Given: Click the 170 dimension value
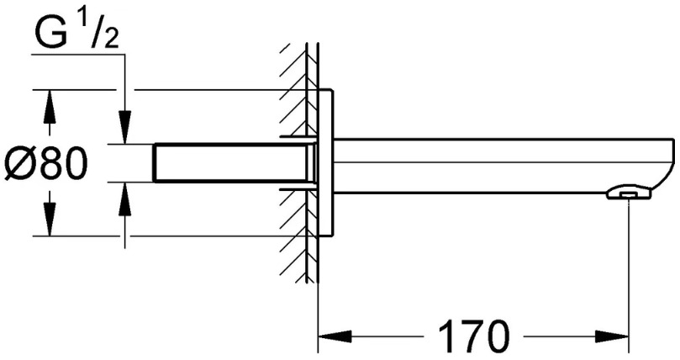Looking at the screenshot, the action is tap(473, 337).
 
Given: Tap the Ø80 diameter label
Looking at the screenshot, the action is tap(45, 163).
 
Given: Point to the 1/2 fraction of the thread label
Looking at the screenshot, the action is tap(101, 31).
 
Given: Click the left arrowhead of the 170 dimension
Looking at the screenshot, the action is tap(335, 336).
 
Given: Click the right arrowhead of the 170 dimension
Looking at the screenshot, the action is tap(611, 336).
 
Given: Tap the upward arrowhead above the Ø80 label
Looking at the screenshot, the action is tap(50, 106).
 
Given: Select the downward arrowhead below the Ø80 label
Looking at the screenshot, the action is tap(50, 220).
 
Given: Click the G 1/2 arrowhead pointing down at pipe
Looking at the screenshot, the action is tap(125, 128).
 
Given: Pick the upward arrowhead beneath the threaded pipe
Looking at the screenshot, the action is tap(125, 199).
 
